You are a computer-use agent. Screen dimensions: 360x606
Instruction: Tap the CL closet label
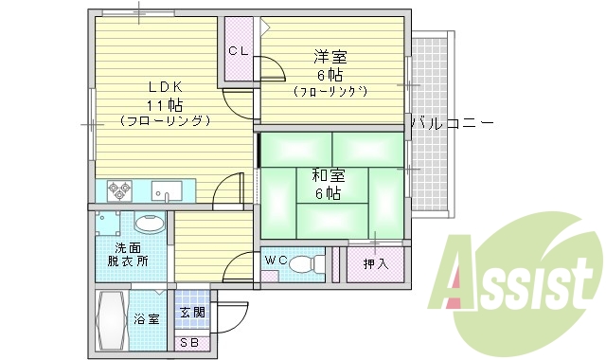238,52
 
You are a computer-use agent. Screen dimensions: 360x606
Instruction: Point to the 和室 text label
328,176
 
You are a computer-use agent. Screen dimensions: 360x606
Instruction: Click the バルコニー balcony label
452,123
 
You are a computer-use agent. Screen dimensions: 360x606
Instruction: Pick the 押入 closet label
375,263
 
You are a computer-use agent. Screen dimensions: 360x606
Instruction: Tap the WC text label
275,260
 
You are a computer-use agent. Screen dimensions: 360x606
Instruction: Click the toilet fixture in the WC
302,263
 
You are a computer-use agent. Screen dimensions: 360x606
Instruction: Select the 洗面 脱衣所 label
127,253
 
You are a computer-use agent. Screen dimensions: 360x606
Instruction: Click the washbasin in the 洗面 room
149,225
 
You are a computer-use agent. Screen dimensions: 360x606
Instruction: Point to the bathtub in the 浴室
112,320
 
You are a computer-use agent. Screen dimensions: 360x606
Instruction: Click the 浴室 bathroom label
147,319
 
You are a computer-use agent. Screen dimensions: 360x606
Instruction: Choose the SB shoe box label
188,342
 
